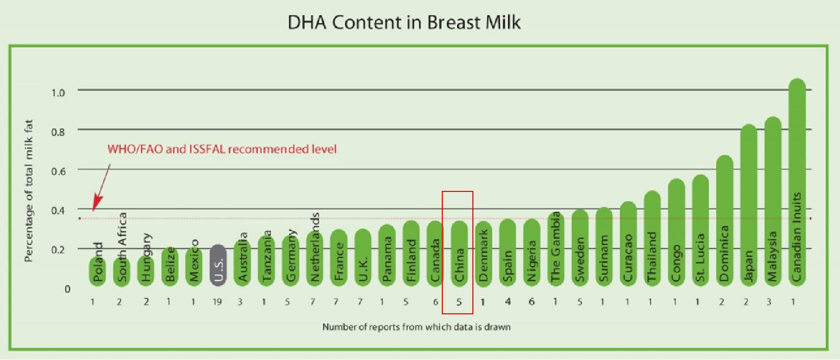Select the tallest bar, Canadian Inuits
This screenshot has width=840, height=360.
(797, 182)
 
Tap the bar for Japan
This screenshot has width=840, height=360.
(749, 205)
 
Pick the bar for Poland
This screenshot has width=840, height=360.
(97, 270)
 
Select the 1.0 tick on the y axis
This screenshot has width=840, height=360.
(58, 93)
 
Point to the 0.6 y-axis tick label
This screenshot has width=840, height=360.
(58, 172)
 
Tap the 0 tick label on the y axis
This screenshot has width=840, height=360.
(67, 289)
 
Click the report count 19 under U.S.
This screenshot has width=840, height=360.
(217, 302)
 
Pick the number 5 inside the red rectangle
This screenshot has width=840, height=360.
(459, 302)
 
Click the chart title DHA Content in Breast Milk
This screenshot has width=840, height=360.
(404, 22)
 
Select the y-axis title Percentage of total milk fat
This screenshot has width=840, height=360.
(29, 191)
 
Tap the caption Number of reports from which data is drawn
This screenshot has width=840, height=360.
(416, 327)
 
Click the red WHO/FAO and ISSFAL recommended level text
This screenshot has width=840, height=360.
(222, 149)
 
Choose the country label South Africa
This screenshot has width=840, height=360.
(122, 247)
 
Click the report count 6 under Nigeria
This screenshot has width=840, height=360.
(531, 302)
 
